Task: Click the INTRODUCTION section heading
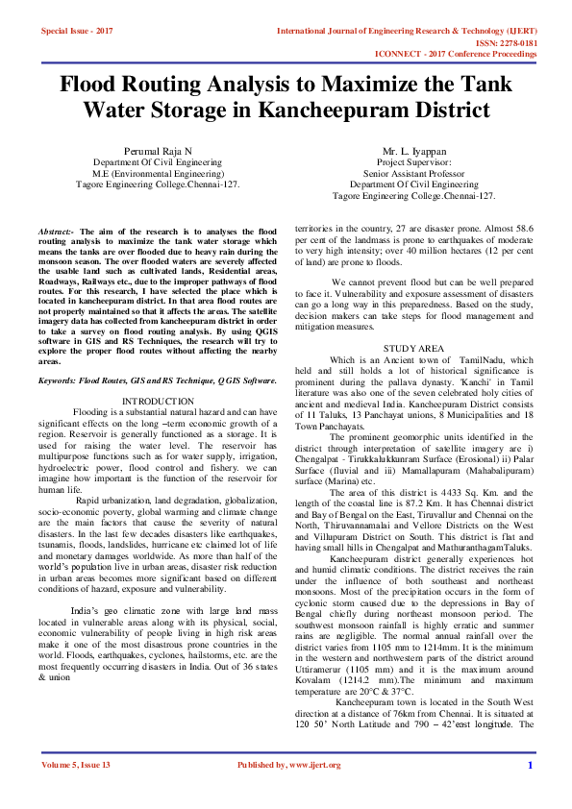pos(157,400)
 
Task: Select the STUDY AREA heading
pos(413,347)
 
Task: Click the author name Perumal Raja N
pos(158,152)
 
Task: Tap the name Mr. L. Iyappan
pos(413,152)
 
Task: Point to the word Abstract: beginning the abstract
pos(56,233)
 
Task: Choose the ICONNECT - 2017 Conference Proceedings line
pos(481,55)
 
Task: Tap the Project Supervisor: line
pos(413,162)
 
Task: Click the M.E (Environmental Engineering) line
pos(158,173)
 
